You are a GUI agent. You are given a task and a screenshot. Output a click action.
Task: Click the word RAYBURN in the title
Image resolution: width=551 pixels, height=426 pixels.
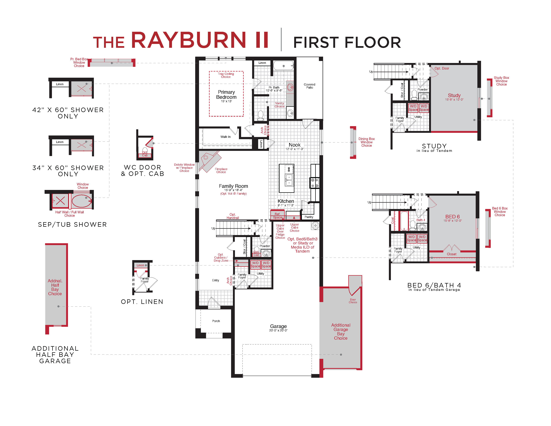[188, 40]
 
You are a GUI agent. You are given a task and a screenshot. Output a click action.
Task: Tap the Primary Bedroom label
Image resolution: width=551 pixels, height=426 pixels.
[226, 95]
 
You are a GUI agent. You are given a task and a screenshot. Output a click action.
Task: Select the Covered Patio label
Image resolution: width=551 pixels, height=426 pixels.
[309, 86]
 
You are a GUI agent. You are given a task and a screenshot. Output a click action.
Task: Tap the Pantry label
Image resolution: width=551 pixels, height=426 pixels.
[309, 217]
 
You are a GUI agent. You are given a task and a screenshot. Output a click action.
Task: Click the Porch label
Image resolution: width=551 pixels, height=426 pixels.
[216, 321]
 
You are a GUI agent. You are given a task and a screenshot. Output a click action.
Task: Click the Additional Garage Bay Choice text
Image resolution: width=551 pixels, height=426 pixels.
[341, 332]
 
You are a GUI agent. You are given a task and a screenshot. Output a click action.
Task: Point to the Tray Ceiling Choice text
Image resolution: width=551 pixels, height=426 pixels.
[226, 75]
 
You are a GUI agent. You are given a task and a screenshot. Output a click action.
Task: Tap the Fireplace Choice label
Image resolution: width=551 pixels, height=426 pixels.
[221, 171]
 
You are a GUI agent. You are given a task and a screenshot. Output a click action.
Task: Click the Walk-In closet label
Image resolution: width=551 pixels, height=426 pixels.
[225, 137]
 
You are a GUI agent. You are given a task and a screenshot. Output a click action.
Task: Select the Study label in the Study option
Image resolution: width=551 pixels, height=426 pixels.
[454, 95]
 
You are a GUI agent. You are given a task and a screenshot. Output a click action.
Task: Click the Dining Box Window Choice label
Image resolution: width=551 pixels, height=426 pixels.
[366, 142]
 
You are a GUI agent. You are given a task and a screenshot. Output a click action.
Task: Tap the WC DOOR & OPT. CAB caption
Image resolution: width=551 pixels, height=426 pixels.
[143, 171]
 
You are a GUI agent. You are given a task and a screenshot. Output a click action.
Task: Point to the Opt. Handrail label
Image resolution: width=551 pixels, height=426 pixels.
[233, 216]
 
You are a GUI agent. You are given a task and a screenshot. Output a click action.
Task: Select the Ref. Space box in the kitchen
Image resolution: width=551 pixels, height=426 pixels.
[277, 216]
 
